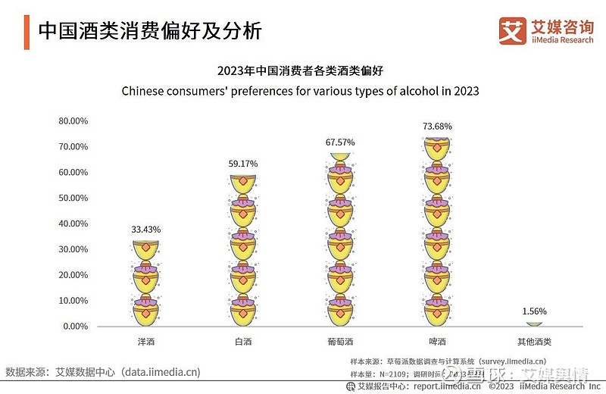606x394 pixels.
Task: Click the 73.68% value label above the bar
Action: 437,126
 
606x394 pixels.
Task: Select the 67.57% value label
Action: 340,142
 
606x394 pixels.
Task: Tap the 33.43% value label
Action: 146,229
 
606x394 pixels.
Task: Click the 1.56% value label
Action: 534,311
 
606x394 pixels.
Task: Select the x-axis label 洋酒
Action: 146,342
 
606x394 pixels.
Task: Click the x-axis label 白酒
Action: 243,342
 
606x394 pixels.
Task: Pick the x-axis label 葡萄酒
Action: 340,342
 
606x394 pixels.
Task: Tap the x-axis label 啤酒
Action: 437,342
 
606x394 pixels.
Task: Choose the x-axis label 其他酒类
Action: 534,342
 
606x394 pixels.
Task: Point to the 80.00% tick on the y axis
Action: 73,121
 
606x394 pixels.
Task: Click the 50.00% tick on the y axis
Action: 73,198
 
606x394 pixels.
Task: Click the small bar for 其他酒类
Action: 534,324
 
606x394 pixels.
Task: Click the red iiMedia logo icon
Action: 512,30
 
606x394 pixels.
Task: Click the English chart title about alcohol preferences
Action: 301,91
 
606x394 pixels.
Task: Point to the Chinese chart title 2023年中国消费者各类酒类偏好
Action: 301,71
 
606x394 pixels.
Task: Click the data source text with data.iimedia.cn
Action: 103,372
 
